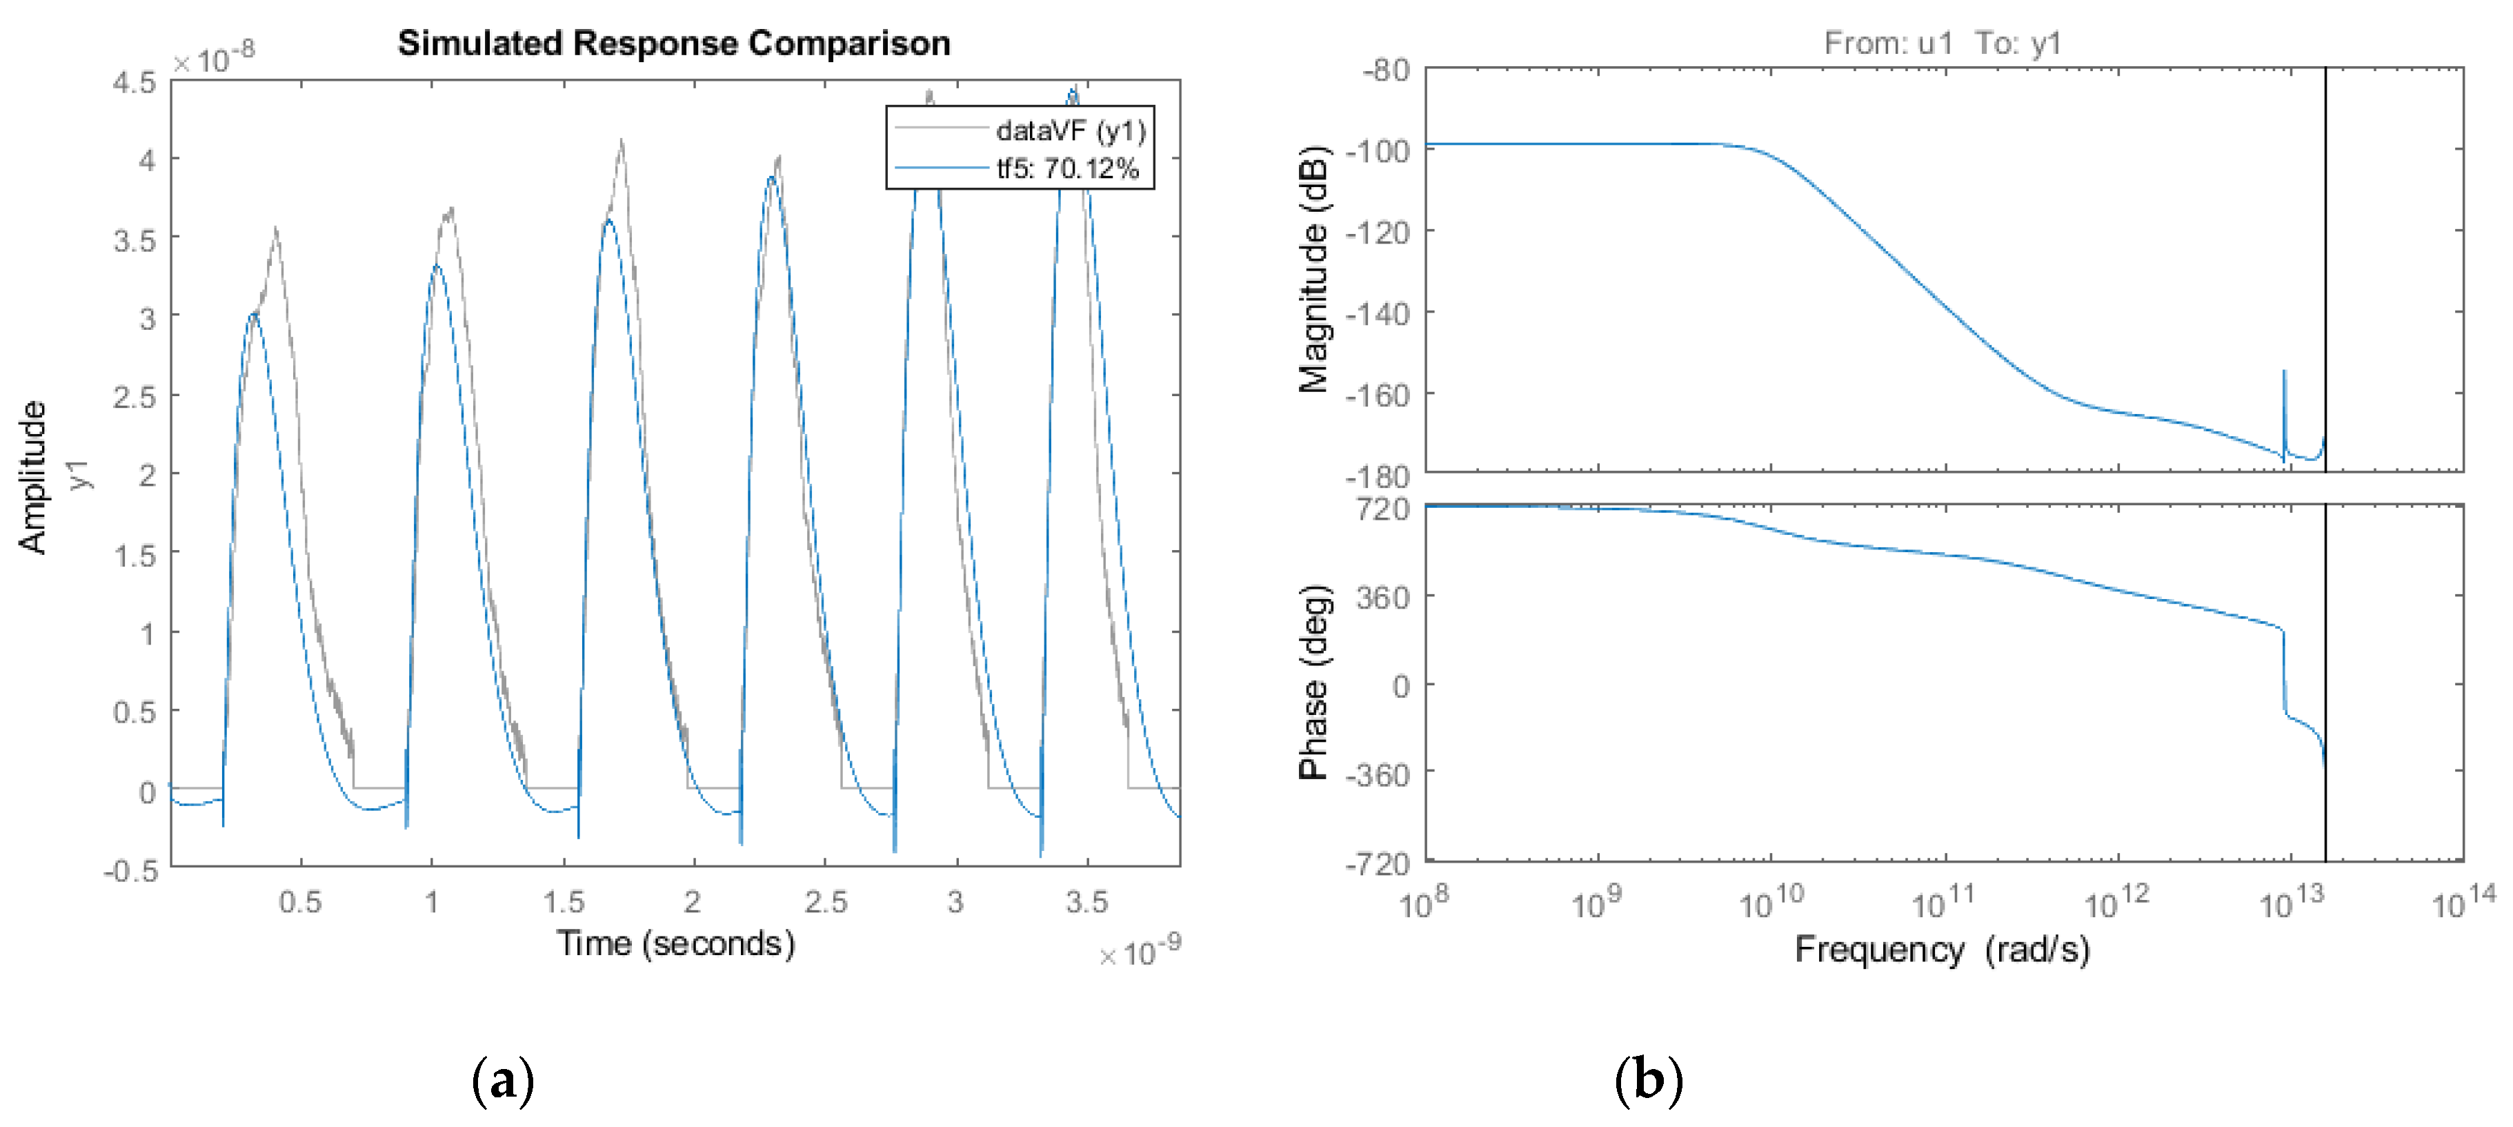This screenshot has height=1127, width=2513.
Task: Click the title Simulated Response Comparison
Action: (x=673, y=43)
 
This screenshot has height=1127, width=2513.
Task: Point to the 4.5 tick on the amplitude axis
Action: (x=135, y=82)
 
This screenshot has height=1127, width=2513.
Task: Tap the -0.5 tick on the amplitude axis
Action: (x=131, y=870)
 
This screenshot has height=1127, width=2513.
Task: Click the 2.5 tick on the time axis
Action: (x=825, y=903)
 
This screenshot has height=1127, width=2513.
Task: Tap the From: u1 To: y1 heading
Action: (x=1941, y=43)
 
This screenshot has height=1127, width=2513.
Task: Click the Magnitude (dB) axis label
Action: (x=1313, y=269)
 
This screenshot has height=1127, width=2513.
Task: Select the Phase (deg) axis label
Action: (x=1313, y=683)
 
